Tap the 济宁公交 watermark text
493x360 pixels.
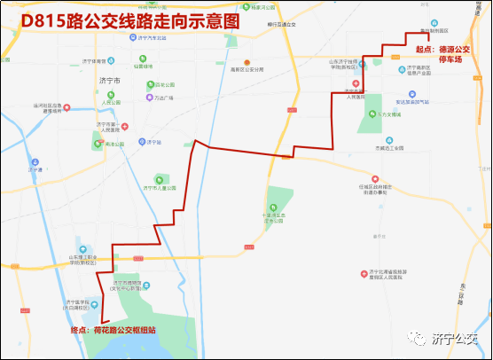click(x=455, y=338)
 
